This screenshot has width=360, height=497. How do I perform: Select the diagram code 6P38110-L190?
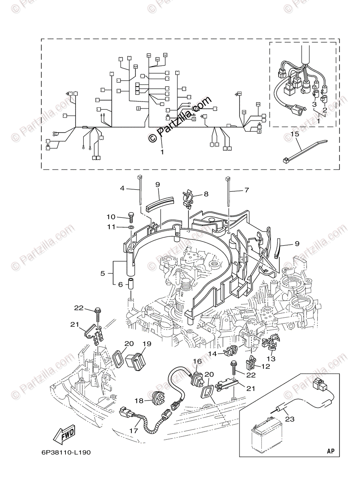click(x=60, y=452)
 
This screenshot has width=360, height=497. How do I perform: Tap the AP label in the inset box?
click(x=330, y=450)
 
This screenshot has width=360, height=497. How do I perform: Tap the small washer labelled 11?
click(x=131, y=227)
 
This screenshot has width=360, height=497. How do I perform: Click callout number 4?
click(x=122, y=189)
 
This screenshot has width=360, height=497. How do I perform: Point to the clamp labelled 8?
click(x=188, y=195)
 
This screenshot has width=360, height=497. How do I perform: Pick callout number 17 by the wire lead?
click(x=133, y=430)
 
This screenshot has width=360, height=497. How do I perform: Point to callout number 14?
click(x=213, y=353)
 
